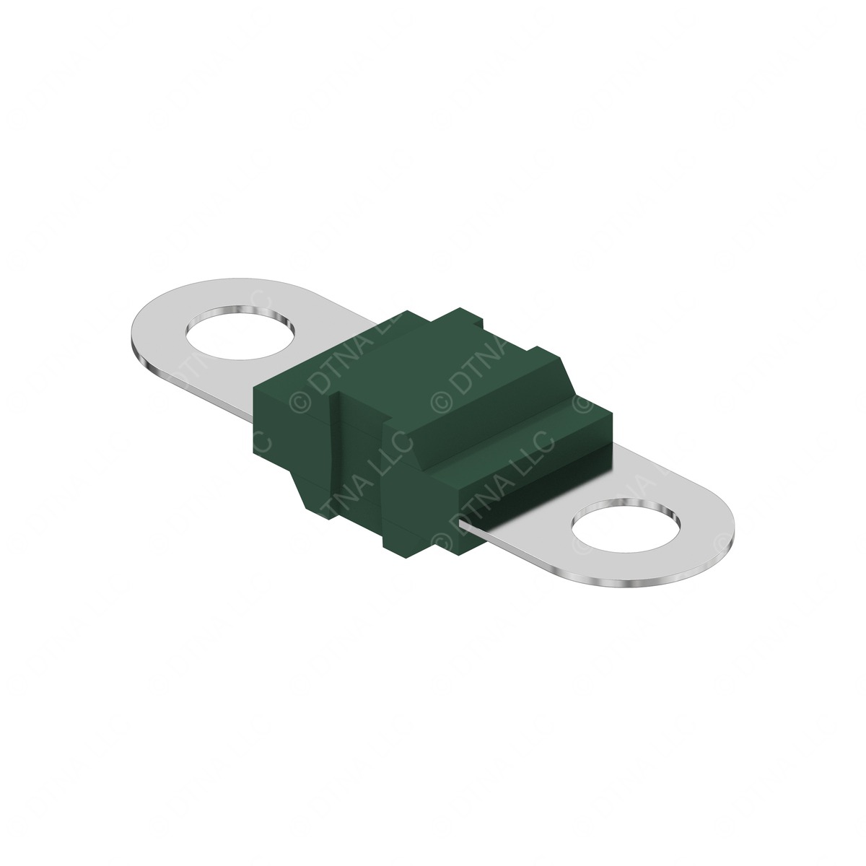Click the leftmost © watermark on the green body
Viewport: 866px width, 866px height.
pos(297,401)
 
